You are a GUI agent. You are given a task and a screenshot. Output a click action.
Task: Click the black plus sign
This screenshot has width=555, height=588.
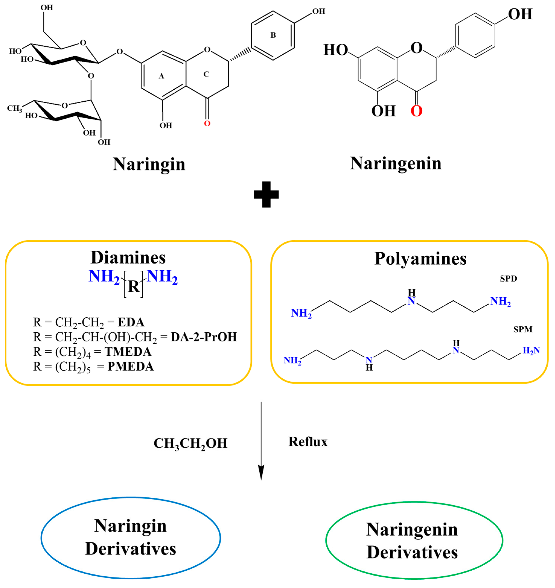coord(266,194)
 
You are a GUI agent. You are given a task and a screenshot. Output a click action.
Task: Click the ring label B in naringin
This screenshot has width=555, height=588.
coord(273,35)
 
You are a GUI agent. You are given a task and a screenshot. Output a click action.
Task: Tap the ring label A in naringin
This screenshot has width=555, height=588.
coord(161,76)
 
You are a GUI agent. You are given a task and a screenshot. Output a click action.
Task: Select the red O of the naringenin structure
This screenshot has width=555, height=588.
coord(416,111)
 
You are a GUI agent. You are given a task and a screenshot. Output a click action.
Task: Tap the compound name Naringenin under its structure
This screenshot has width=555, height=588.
coord(395,163)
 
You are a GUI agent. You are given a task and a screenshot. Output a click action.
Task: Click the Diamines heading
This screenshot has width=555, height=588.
coord(128,257)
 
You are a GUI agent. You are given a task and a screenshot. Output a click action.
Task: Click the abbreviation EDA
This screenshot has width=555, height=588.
coord(131,322)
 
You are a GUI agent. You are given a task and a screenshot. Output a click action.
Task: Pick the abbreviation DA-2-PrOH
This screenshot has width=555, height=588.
coord(204,337)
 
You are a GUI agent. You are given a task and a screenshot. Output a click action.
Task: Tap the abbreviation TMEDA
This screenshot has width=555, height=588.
coord(128,352)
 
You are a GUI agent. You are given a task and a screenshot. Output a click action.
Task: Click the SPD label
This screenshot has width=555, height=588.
coord(508,278)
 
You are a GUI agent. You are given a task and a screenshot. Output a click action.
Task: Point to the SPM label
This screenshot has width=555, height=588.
coord(523,329)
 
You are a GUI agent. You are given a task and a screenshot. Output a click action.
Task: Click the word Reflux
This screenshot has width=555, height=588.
coord(308,442)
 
